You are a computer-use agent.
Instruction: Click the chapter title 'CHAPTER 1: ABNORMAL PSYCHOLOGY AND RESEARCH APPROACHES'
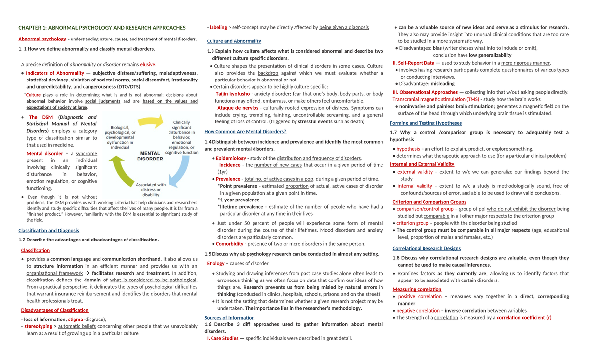[x=102, y=28]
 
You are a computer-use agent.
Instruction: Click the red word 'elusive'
[x=148, y=64]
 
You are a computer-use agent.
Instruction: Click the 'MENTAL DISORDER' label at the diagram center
[x=150, y=156]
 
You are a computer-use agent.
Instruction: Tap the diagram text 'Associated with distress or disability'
[x=151, y=190]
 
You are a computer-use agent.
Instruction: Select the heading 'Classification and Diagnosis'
[x=48, y=231]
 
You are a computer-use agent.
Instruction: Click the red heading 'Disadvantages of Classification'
[x=55, y=310]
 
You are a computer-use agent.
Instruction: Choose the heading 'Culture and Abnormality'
[x=234, y=41]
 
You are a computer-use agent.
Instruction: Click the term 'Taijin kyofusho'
[x=233, y=94]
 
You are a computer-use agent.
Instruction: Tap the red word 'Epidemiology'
[x=231, y=158]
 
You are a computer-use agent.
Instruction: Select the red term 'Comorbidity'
[x=230, y=244]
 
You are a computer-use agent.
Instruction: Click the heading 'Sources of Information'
[x=229, y=318]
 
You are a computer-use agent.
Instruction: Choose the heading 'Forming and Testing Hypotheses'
[x=425, y=123]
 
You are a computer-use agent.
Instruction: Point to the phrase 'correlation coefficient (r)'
[x=523, y=318]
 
